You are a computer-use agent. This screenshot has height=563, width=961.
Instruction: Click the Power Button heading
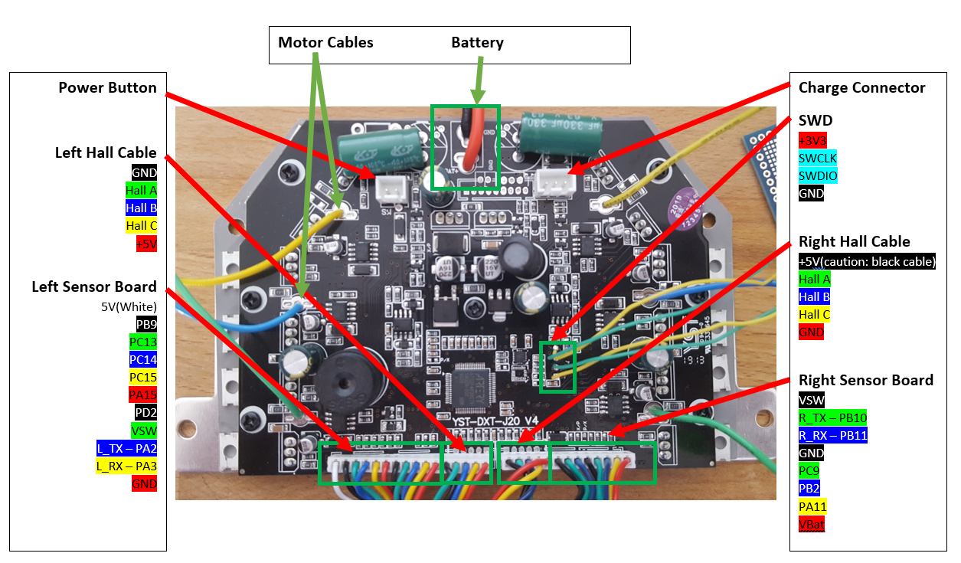tap(107, 88)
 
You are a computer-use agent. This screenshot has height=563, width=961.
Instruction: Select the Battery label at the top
tap(477, 43)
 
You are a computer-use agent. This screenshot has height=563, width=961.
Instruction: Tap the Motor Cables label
tap(325, 43)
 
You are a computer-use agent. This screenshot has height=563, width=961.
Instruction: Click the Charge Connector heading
tap(861, 88)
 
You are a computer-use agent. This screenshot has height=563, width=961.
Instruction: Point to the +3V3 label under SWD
tap(812, 141)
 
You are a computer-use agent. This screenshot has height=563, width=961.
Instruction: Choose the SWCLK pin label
tap(818, 159)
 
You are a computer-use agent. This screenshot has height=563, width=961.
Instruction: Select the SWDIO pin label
tap(818, 176)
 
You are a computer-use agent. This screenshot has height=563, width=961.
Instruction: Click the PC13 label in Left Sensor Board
tap(144, 342)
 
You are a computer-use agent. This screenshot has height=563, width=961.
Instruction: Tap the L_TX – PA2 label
tap(126, 448)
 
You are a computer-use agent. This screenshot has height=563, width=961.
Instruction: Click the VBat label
tap(812, 525)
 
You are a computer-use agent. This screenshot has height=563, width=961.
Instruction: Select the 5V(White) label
tap(129, 306)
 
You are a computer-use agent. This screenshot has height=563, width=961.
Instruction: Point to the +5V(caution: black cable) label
tap(867, 262)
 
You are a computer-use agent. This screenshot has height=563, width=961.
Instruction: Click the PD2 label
tap(145, 413)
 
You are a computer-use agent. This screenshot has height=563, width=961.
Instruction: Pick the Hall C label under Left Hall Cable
tap(142, 226)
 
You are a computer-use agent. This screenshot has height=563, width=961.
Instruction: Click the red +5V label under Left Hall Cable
tap(145, 244)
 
